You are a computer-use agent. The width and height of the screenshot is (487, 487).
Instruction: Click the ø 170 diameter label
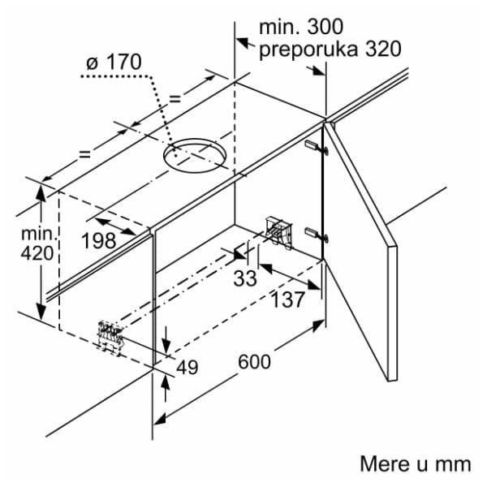(114, 62)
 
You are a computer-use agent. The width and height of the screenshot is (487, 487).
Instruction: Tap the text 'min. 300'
(301, 27)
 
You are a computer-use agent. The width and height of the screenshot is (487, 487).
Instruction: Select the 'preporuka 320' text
(330, 49)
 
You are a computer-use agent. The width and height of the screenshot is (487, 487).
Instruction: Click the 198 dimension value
(99, 241)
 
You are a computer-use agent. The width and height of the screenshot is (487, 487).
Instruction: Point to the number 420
(37, 253)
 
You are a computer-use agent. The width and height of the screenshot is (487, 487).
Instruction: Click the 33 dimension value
(245, 278)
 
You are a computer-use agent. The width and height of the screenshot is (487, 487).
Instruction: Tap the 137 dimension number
(288, 300)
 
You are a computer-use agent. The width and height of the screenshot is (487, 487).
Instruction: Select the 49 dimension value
(187, 367)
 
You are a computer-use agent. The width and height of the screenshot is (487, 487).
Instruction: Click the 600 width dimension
(254, 362)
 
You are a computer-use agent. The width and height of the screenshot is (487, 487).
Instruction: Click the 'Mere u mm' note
(416, 464)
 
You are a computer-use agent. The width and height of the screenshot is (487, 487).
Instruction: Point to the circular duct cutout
(195, 155)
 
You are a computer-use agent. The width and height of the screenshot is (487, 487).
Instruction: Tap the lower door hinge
(317, 235)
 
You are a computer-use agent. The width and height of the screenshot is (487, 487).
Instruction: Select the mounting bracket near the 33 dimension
(279, 231)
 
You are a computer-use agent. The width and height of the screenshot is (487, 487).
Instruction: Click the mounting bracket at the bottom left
(110, 338)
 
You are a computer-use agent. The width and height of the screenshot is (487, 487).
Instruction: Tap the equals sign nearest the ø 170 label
(175, 99)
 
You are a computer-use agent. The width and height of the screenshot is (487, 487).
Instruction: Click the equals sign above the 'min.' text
(84, 153)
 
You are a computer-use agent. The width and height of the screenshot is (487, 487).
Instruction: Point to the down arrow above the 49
(166, 339)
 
